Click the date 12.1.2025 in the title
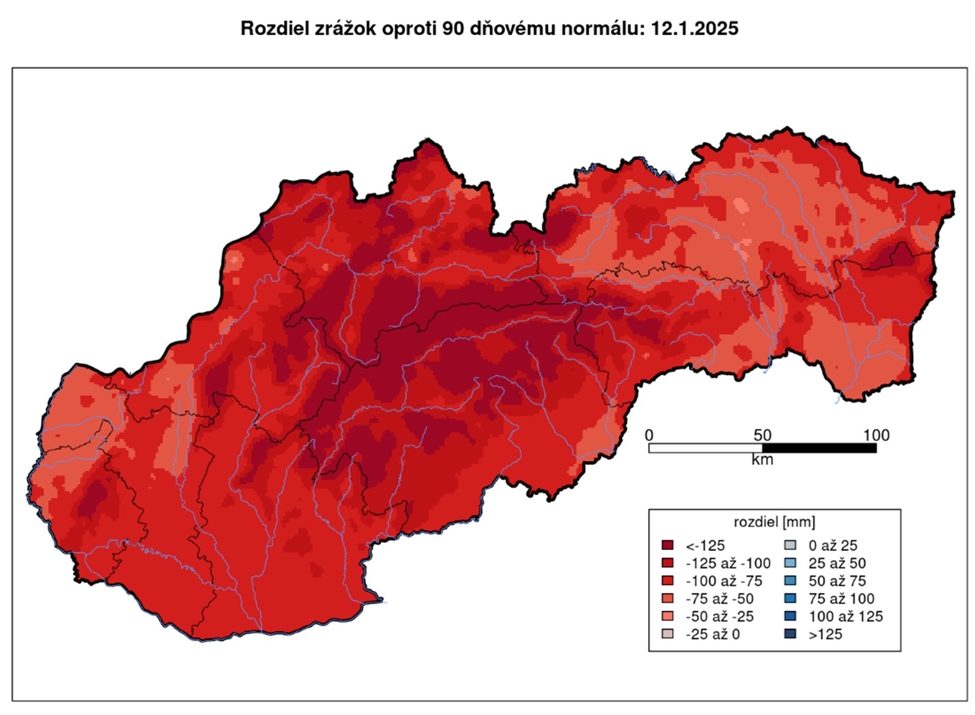click(694, 28)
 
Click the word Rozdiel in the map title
click(274, 28)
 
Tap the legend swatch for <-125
click(667, 545)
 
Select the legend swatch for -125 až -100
click(667, 563)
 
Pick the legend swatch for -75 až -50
click(667, 598)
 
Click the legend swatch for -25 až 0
click(667, 634)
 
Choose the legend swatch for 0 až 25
click(790, 545)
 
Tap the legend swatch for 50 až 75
click(790, 580)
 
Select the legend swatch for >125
click(790, 634)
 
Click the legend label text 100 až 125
click(845, 616)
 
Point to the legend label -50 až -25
click(719, 616)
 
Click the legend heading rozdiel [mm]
click(774, 521)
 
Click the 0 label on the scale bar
click(649, 435)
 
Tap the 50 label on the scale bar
click(762, 435)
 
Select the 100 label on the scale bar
click(876, 435)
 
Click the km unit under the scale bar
click(762, 460)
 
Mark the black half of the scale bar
click(819, 448)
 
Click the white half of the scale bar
click(705, 448)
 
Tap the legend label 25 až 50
click(837, 563)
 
